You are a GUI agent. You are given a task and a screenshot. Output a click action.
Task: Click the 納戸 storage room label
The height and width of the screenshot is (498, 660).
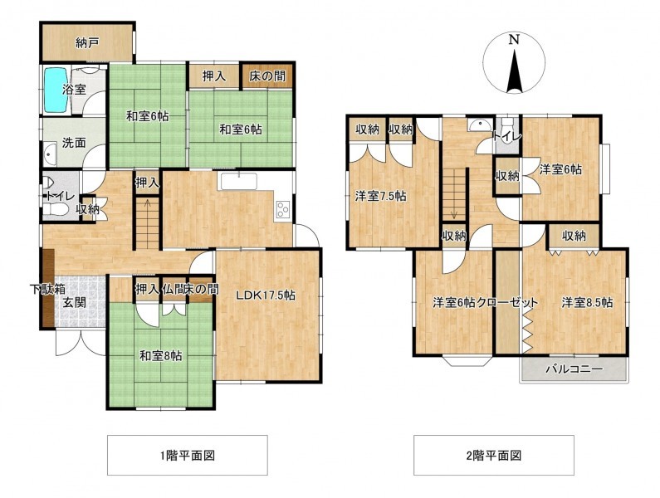click(87, 43)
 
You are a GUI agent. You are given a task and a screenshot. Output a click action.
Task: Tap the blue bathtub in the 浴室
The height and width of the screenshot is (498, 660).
click(56, 90)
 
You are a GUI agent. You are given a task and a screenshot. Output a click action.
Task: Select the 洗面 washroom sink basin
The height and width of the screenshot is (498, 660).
click(50, 154)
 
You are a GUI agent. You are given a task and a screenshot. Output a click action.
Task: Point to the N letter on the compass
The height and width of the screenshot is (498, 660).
click(514, 40)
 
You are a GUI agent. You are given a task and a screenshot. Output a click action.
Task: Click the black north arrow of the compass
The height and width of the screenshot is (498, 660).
click(515, 71)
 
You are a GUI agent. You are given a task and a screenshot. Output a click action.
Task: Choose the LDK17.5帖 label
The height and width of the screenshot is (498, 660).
click(265, 295)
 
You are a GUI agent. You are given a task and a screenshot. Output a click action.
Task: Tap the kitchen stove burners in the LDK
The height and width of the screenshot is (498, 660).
click(282, 210)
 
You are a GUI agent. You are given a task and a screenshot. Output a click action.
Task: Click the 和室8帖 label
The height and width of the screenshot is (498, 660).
click(161, 356)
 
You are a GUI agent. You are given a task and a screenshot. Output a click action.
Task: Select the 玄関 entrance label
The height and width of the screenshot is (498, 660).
click(75, 302)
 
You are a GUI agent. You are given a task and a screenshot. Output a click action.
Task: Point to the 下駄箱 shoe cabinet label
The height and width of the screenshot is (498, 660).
click(47, 289)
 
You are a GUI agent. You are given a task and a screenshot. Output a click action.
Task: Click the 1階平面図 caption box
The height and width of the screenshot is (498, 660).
click(188, 455)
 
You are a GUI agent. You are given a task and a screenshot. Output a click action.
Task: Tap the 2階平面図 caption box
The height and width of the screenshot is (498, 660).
click(494, 455)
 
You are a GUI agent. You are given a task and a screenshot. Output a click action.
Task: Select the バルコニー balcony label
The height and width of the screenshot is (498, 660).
click(574, 369)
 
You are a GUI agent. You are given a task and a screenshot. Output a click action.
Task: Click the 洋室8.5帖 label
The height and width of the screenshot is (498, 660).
click(587, 303)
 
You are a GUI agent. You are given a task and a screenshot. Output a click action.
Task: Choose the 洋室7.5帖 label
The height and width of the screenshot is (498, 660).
click(380, 196)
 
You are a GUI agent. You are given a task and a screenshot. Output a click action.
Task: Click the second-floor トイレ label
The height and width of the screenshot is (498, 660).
click(507, 136)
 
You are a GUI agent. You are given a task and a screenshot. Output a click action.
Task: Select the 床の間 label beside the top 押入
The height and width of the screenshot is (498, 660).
click(266, 76)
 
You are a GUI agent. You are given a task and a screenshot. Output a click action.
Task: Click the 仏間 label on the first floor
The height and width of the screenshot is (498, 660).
click(172, 289)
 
